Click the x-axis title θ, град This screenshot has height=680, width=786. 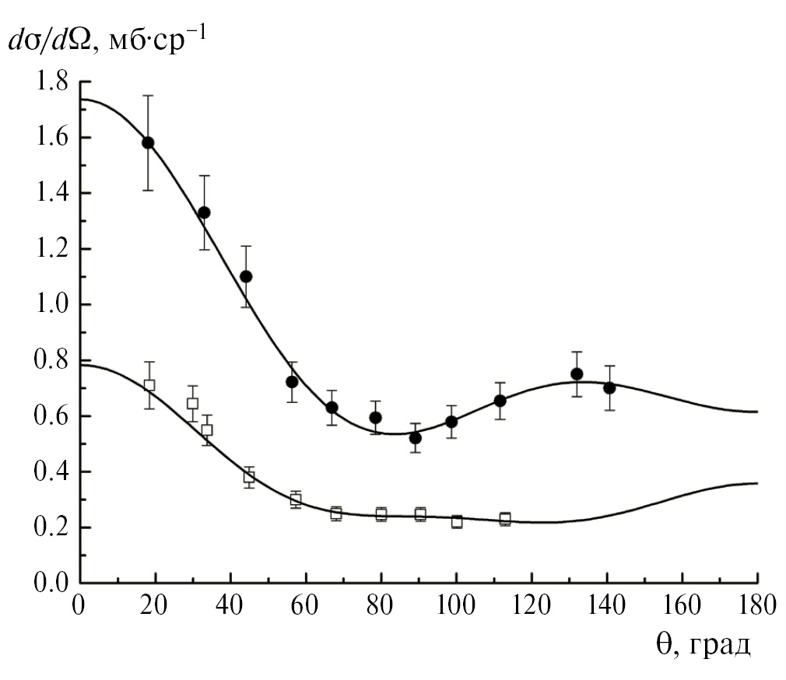tap(701, 645)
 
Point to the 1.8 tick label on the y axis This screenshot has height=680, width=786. tap(52, 82)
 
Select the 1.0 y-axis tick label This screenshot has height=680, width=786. tap(52, 305)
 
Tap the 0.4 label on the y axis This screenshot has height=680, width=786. tap(52, 472)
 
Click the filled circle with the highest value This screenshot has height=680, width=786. tap(148, 142)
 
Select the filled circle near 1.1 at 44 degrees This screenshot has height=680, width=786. tap(246, 276)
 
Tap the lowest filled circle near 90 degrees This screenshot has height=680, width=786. tap(416, 437)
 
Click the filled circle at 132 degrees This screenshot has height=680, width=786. tap(577, 373)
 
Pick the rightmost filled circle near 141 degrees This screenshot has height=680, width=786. tap(609, 387)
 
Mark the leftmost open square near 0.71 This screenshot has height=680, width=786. tap(149, 385)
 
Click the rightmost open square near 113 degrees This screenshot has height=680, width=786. tap(505, 519)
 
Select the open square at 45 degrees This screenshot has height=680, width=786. tap(249, 477)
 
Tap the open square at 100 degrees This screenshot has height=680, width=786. tap(457, 521)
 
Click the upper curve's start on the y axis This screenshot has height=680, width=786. tap(80, 99)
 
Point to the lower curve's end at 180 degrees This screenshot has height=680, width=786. tap(757, 483)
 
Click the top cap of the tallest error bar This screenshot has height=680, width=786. tap(148, 95)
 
